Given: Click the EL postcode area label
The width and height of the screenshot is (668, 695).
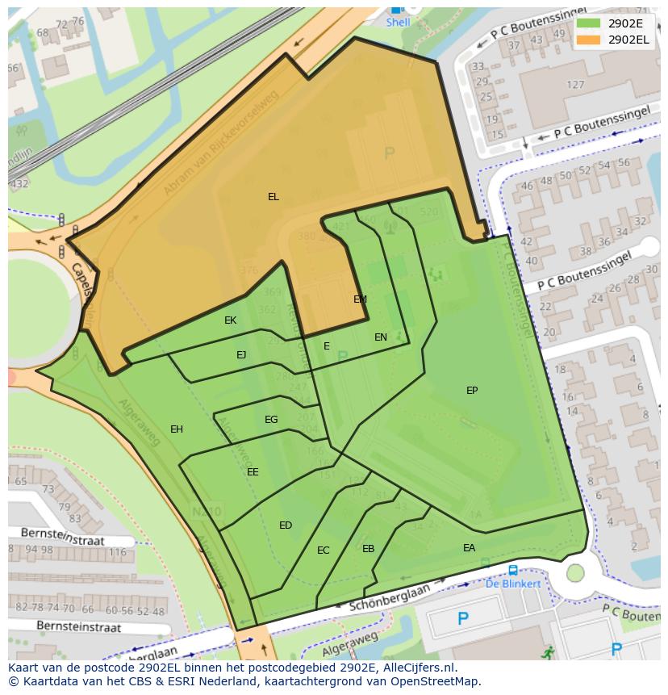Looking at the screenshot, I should pos(273,197).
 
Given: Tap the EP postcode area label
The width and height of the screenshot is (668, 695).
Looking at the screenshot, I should pos(472,391).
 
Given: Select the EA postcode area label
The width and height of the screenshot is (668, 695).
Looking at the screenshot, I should pos(469,548).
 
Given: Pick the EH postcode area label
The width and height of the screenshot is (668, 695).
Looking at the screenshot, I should pos(177,429).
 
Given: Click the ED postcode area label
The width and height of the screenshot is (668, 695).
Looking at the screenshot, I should pos(286,525).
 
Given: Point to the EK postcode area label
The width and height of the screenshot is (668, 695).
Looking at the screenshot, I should pos(231,320).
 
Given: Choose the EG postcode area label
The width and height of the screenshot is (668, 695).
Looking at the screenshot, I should pos(271,420).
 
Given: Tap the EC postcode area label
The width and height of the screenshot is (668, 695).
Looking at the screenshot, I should pos(324,551).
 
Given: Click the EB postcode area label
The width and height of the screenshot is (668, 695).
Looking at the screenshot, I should pos(369,549).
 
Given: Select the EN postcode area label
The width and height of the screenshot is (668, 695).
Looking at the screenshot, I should pos(381,337).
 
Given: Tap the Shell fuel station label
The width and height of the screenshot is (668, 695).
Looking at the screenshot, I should pos(398,23).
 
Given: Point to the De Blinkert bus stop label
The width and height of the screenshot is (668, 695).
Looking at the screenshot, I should pos(513,584).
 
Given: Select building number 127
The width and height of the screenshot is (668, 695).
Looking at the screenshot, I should pos(575,85).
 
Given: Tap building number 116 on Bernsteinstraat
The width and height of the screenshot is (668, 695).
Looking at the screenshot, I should pos(118,553).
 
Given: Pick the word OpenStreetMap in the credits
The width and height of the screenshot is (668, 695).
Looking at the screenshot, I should pos(436,681).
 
